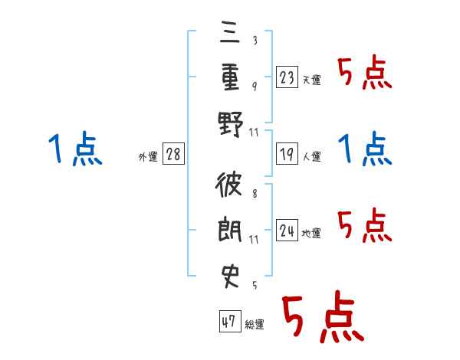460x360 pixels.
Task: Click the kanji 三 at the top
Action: [x=230, y=33]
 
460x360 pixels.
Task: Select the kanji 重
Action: [x=230, y=77]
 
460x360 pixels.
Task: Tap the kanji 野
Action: [x=231, y=124]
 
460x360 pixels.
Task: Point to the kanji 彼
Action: [x=228, y=184]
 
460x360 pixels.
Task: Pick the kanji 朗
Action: [x=230, y=229]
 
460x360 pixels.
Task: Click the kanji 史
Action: [x=230, y=276]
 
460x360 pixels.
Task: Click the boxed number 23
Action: [x=287, y=77]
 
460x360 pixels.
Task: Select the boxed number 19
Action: [x=287, y=153]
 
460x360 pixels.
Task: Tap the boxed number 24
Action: [x=287, y=230]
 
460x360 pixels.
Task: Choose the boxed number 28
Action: [x=173, y=153]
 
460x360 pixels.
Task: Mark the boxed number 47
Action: [x=230, y=321]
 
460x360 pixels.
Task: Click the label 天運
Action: [x=312, y=80]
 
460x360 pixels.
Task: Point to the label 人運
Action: [x=312, y=156]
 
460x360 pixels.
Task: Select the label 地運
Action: [x=311, y=233]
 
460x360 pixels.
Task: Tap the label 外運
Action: [x=148, y=156]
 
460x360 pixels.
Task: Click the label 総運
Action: [x=255, y=324]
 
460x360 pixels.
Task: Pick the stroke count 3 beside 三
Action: [x=255, y=40]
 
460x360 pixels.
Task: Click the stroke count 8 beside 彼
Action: [x=255, y=194]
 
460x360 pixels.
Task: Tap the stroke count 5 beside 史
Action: [x=255, y=285]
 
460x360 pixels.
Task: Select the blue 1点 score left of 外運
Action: [x=76, y=148]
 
